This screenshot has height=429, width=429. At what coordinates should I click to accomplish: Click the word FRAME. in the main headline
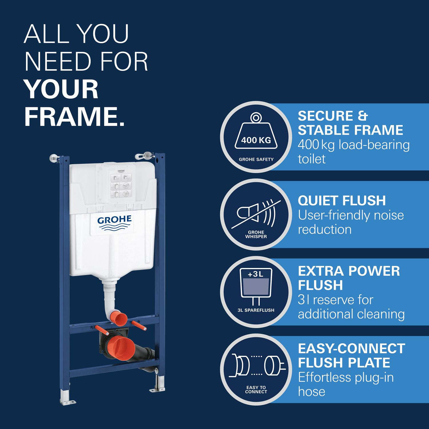coord(75,116)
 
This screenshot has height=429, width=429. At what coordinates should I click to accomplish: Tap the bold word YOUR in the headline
coord(61,89)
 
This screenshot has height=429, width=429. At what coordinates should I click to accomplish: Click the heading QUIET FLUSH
coord(342,200)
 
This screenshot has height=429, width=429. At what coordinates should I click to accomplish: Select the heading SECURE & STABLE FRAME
coord(350,123)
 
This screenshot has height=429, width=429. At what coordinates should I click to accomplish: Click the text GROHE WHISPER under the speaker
coord(256,235)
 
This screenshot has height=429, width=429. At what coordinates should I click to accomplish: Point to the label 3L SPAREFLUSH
coord(256,310)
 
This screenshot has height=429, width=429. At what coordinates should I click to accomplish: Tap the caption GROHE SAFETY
coord(256,159)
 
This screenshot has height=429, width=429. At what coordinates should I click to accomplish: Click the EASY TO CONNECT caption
coord(256,390)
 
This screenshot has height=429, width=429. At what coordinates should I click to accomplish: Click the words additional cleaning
coord(351,314)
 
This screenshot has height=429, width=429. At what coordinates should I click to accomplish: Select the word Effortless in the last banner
coord(325,378)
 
